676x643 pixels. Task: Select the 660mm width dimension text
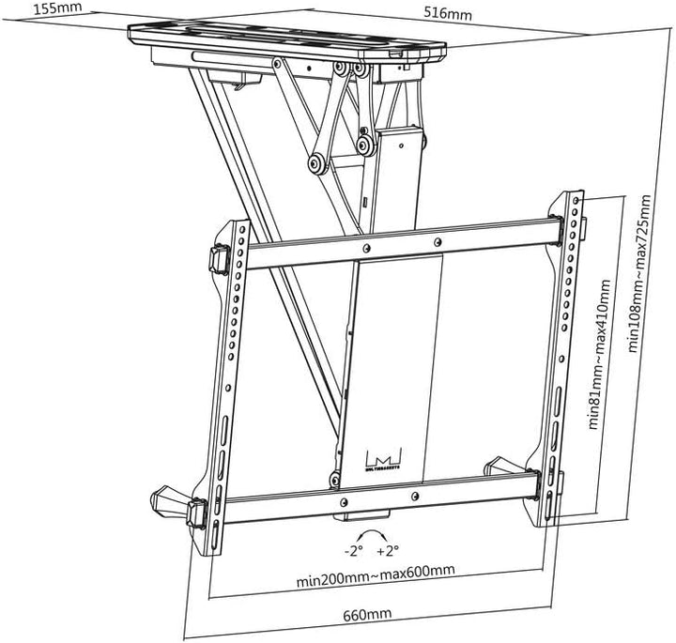coord(367,614)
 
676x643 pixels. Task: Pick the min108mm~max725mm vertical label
coord(639,272)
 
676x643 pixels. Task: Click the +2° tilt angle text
coord(388,550)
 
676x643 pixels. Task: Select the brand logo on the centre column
coord(384,457)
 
